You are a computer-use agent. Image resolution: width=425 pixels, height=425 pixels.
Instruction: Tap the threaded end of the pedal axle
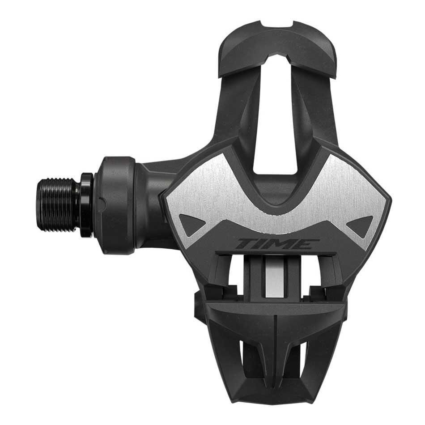pyautogui.click(x=57, y=204)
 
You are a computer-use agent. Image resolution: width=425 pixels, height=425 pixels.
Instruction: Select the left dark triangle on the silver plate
pyautogui.click(x=192, y=224)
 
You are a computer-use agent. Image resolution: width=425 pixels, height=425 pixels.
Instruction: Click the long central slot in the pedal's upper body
pyautogui.click(x=276, y=114)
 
